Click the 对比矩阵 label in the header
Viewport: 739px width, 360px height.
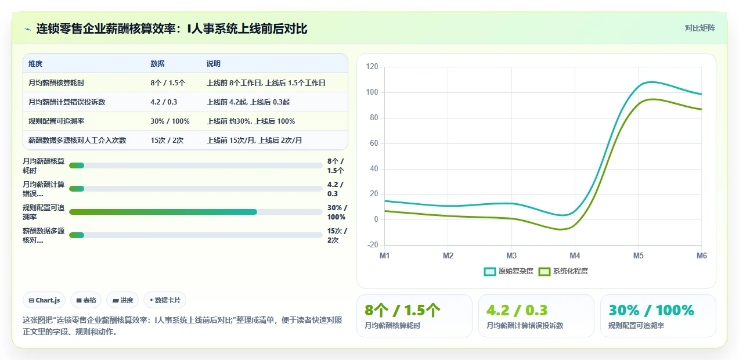click(700, 28)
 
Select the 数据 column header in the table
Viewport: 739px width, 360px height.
click(157, 64)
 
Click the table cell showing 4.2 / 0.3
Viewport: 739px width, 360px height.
click(164, 102)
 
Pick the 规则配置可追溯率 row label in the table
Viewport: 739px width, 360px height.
click(56, 121)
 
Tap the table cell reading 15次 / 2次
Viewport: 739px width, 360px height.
click(167, 141)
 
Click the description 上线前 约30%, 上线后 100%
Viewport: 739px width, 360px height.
click(251, 121)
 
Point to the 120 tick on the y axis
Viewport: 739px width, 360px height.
click(372, 66)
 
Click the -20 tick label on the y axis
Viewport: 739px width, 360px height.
click(373, 244)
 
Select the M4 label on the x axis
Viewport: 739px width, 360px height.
click(575, 255)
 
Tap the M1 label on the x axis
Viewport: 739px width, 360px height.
click(384, 255)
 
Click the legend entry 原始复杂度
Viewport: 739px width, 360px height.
click(509, 271)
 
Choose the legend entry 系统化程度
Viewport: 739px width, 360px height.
click(563, 271)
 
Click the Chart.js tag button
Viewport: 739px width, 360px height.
click(44, 300)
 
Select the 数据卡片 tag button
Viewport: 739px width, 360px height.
click(165, 300)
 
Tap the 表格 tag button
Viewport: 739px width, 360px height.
click(86, 300)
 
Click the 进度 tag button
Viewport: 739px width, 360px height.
click(122, 300)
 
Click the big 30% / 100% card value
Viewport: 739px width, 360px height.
click(651, 310)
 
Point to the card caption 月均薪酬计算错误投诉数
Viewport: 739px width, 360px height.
click(525, 326)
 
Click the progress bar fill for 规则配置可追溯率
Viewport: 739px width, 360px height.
click(163, 212)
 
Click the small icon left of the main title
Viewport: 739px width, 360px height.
click(28, 30)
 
